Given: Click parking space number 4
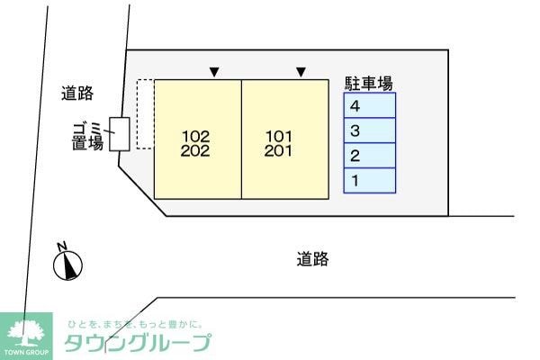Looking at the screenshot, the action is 370,105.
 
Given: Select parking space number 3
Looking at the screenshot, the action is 370,130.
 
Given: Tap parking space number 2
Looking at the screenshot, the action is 370,156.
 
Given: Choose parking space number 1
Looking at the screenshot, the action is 370,181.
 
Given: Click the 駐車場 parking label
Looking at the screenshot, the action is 368,84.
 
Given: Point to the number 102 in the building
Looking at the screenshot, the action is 195,137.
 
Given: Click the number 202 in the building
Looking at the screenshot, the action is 195,151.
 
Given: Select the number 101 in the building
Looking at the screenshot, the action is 279,137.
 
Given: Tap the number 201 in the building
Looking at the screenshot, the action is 278,151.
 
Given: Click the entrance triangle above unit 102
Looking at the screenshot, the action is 214,72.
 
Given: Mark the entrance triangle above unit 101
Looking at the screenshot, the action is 301,72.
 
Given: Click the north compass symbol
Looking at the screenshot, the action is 67,265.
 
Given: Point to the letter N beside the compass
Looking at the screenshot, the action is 62,247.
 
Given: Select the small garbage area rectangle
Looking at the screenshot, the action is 120,134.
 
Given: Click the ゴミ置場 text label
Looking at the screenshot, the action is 87,137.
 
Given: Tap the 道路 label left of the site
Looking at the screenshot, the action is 77,93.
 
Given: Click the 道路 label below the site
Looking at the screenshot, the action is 312,259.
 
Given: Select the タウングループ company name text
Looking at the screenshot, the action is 138,343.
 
